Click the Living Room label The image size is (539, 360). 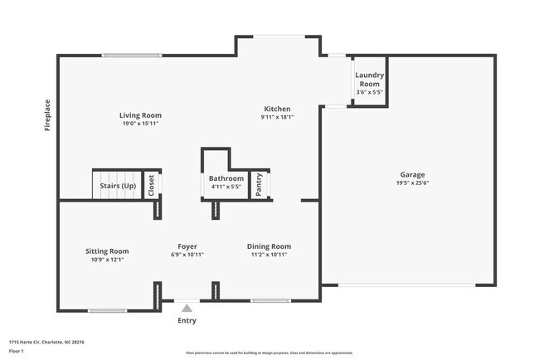click(x=139, y=115)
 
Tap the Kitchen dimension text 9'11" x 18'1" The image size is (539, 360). click(x=277, y=117)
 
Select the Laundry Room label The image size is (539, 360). click(x=369, y=80)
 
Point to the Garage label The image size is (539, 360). click(x=412, y=174)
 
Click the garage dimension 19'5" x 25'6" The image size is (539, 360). click(x=412, y=183)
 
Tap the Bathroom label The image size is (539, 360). click(x=226, y=178)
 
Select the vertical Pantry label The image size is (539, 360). click(x=260, y=184)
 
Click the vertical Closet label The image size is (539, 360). click(x=151, y=185)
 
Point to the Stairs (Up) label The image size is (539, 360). click(x=118, y=187)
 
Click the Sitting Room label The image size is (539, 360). click(x=107, y=251)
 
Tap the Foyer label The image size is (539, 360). click(x=187, y=246)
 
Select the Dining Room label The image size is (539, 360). click(x=269, y=246)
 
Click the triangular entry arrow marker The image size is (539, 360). click(x=187, y=308)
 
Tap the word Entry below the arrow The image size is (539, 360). click(x=187, y=321)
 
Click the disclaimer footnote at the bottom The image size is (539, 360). click(x=269, y=352)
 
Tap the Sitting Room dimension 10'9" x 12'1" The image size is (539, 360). click(x=107, y=259)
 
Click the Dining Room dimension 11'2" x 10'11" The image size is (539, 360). click(x=269, y=255)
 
